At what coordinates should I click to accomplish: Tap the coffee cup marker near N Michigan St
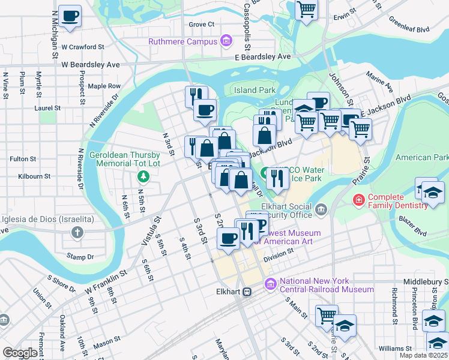[x=70, y=17]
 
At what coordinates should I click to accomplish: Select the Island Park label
[x=255, y=91]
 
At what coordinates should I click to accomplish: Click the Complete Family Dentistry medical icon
[x=359, y=200]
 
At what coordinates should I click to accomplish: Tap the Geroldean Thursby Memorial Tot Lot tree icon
[x=143, y=176]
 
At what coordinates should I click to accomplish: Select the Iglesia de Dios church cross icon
[x=77, y=232]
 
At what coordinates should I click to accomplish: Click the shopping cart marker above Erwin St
[x=307, y=10]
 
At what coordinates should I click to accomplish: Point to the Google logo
[x=20, y=353]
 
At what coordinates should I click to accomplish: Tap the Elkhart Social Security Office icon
[x=321, y=209]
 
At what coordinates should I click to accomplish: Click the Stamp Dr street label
[x=80, y=257]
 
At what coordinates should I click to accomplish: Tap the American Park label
[x=422, y=158]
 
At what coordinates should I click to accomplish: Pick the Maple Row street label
[x=104, y=86]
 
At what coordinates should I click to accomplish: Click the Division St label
[x=277, y=254]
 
